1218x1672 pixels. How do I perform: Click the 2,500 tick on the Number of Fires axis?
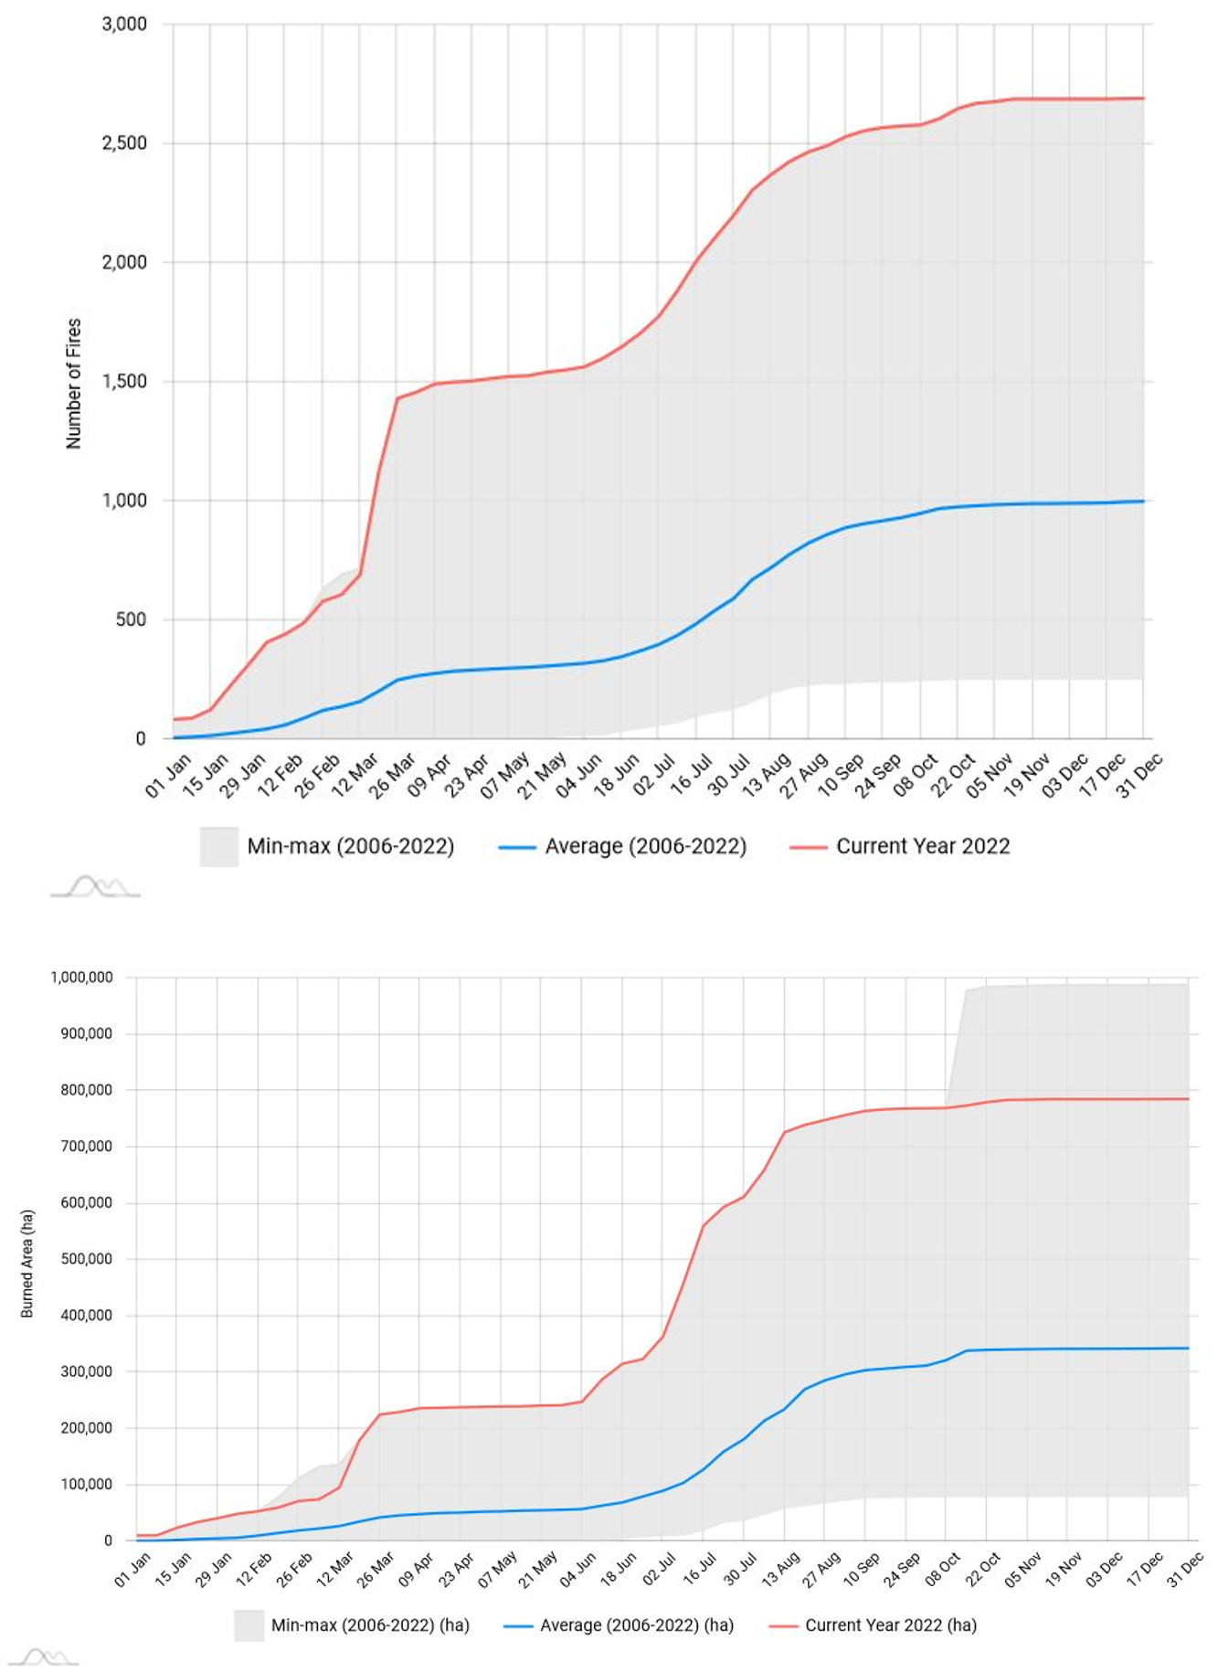[124, 143]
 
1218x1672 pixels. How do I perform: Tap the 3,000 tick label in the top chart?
[124, 24]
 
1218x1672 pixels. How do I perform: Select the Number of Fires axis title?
[74, 384]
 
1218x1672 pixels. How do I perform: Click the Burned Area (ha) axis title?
[27, 1264]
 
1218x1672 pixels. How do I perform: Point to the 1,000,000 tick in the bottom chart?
[82, 978]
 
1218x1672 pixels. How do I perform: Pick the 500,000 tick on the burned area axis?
[86, 1259]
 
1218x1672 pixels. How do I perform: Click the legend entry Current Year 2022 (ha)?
[890, 1625]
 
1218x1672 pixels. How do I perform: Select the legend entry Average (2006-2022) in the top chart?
[645, 846]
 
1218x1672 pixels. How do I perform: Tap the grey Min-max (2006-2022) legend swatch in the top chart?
[219, 846]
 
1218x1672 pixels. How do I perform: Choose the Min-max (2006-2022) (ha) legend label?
[369, 1625]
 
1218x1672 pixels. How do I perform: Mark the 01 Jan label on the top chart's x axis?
[169, 775]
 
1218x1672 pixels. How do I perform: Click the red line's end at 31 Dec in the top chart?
[1142, 99]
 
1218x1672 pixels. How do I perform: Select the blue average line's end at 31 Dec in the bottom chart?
[1188, 1348]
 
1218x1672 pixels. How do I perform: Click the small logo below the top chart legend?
[95, 886]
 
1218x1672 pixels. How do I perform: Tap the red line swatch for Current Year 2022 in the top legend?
[808, 847]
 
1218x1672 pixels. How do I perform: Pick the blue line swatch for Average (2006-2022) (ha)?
[518, 1626]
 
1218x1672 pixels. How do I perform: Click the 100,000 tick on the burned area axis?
[86, 1485]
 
